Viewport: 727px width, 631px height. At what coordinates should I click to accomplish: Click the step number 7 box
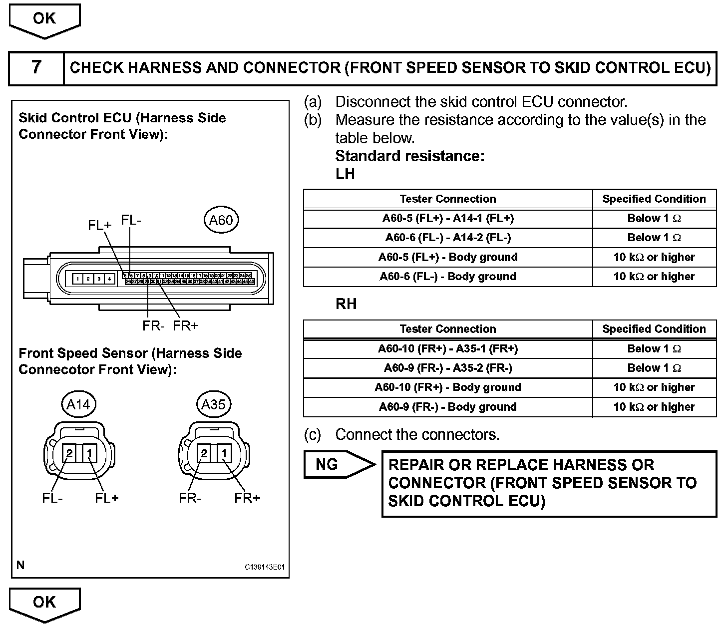[36, 67]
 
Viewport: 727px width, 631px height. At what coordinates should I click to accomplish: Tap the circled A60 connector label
[221, 220]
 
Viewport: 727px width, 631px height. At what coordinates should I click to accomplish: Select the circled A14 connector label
[78, 404]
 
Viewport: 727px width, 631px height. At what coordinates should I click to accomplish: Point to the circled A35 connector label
[213, 404]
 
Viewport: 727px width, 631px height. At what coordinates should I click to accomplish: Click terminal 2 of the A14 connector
[69, 453]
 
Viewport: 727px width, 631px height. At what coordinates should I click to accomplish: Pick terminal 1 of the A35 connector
[225, 453]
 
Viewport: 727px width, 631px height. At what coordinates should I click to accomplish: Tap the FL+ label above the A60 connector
[99, 225]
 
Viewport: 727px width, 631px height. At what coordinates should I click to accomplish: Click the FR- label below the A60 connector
[153, 326]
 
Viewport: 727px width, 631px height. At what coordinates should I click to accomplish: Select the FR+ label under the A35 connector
[247, 498]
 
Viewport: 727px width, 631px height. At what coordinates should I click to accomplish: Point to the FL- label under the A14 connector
[52, 498]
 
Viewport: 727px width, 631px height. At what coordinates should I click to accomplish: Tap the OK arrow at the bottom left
[44, 603]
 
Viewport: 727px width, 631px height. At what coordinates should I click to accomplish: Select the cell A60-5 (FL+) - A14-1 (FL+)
[448, 219]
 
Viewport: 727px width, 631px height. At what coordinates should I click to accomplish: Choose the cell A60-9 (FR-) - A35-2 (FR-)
[448, 368]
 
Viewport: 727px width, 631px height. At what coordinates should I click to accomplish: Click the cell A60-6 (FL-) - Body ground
[448, 277]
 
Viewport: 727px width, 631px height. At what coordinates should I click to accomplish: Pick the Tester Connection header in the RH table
[448, 329]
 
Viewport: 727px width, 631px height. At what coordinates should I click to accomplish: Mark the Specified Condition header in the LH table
[654, 199]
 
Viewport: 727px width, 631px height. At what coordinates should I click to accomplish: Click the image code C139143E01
[264, 567]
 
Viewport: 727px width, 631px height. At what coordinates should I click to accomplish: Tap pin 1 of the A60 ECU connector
[77, 279]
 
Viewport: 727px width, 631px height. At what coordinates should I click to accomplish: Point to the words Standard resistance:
[410, 156]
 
